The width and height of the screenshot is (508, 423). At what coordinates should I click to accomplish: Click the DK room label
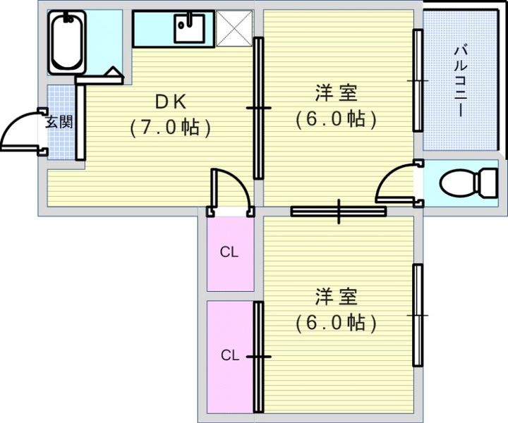(x=171, y=102)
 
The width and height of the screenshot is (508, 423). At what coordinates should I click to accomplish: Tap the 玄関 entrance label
(x=59, y=121)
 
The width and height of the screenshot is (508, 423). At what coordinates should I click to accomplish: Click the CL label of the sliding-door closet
(x=228, y=355)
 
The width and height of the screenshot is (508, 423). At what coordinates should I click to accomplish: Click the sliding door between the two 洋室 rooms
(x=339, y=210)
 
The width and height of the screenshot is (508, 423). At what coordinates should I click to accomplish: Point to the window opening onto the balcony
(x=417, y=82)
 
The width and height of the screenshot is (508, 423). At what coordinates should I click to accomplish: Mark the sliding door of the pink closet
(x=258, y=357)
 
